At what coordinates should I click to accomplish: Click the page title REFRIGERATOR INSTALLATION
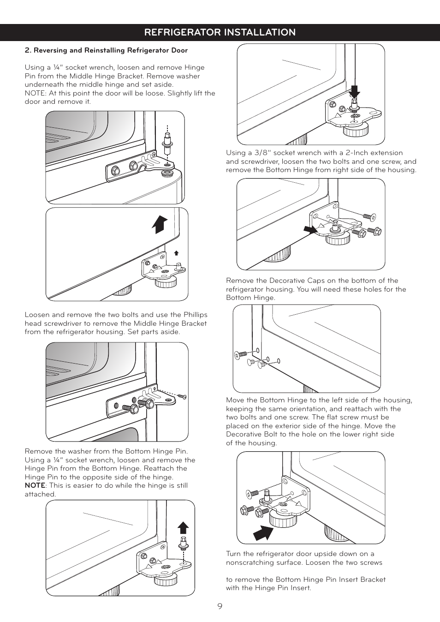point(220,32)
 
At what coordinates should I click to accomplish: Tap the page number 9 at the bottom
point(220,606)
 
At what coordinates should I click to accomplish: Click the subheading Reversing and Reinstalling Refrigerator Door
point(111,50)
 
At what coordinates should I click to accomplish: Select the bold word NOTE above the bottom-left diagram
point(35,485)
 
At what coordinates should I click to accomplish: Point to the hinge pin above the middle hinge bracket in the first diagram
point(167,143)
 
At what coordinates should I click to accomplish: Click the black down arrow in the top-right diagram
point(354,91)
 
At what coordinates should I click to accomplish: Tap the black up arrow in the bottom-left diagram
point(184,527)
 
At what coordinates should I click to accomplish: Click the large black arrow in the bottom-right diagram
point(263,532)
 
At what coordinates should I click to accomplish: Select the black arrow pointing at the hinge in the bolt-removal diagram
point(310,229)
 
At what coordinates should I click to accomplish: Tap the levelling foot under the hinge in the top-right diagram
point(356,130)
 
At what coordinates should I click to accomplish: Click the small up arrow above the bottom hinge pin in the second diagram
point(176,253)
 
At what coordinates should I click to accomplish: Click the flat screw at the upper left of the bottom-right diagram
point(253,494)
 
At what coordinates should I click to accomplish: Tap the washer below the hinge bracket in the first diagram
point(166,173)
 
